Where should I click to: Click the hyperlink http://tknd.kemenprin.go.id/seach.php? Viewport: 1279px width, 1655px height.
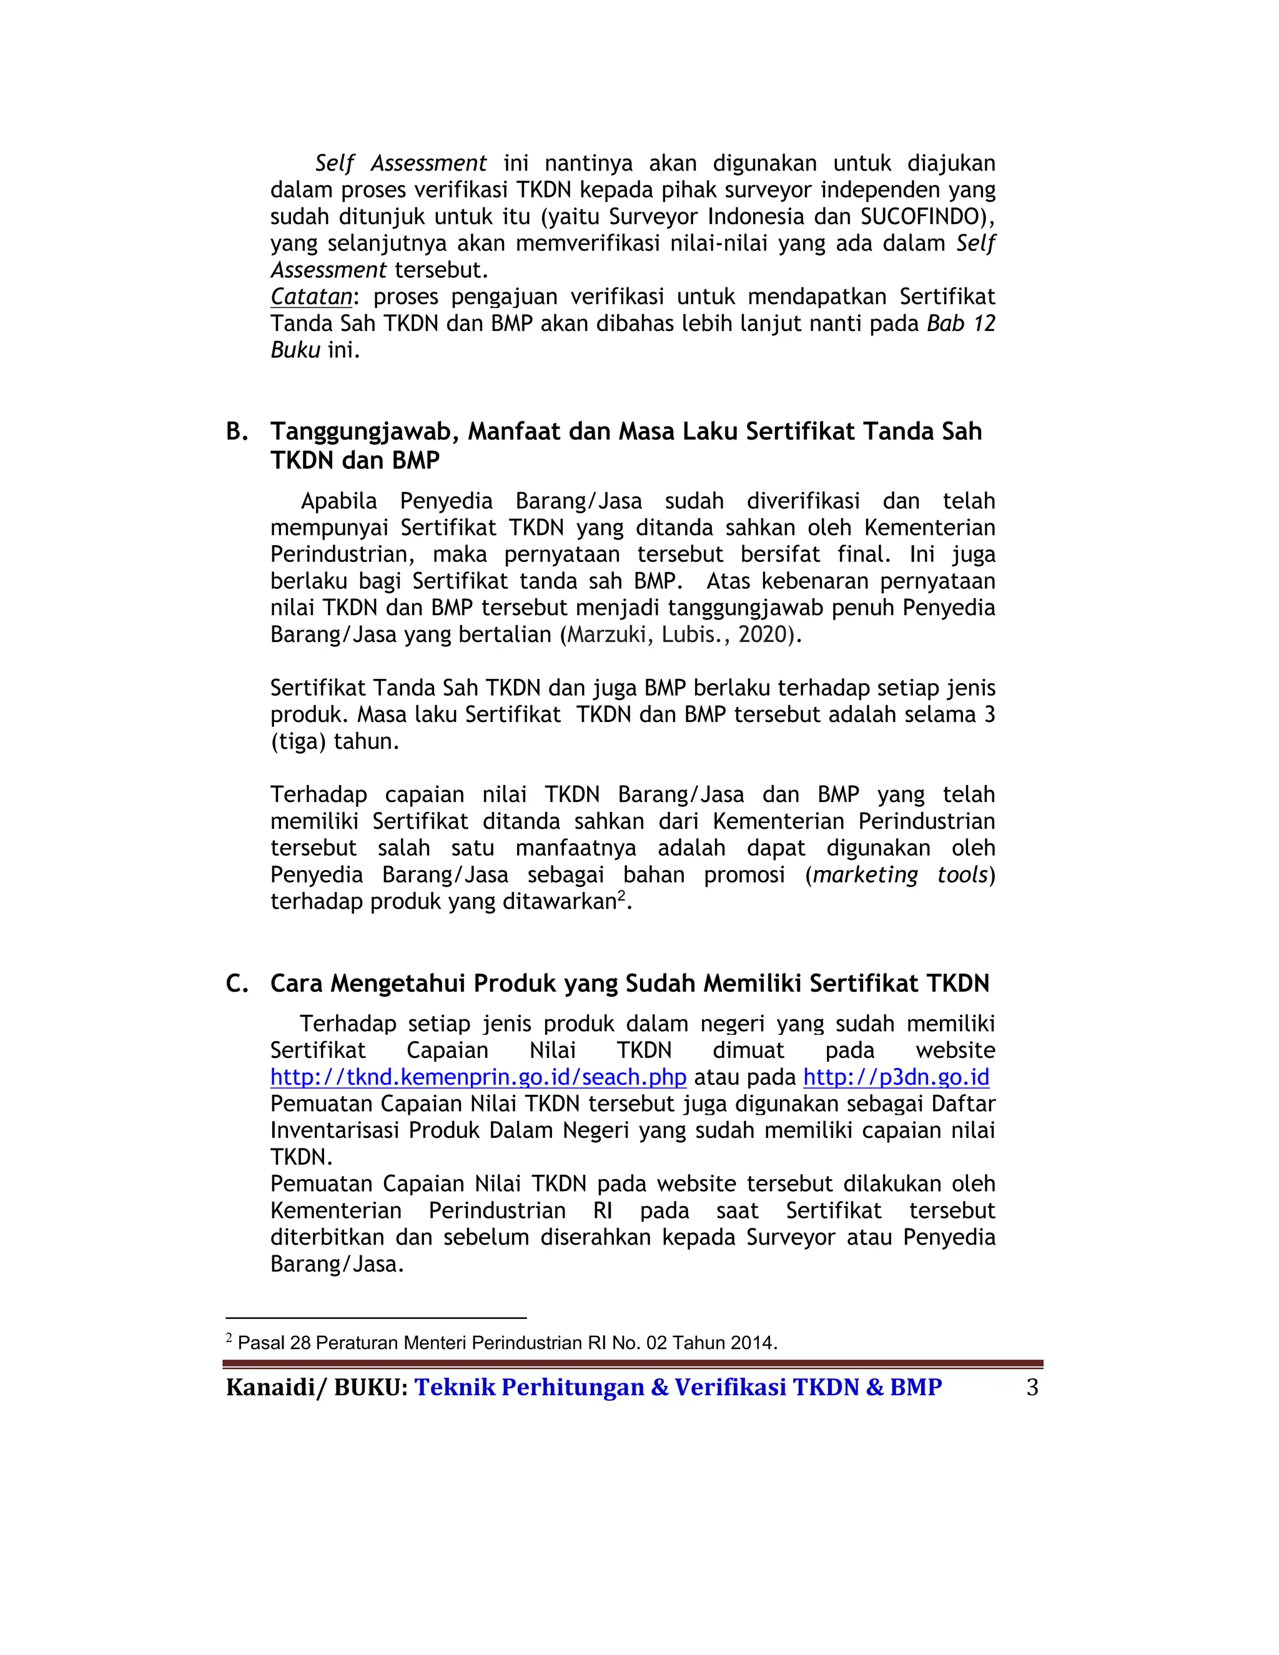click(x=478, y=1077)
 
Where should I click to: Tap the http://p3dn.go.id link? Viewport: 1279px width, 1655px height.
click(x=896, y=1077)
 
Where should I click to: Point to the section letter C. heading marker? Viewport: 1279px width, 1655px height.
click(x=237, y=984)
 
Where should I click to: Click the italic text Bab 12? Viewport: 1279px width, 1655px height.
click(x=960, y=324)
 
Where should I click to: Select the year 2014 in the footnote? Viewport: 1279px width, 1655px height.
click(x=751, y=1343)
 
